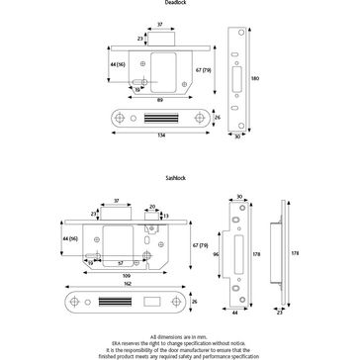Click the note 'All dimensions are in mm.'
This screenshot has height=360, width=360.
pos(179,337)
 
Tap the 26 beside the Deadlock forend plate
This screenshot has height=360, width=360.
pos(216,118)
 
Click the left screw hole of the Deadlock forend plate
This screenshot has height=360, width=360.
pos(121,117)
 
